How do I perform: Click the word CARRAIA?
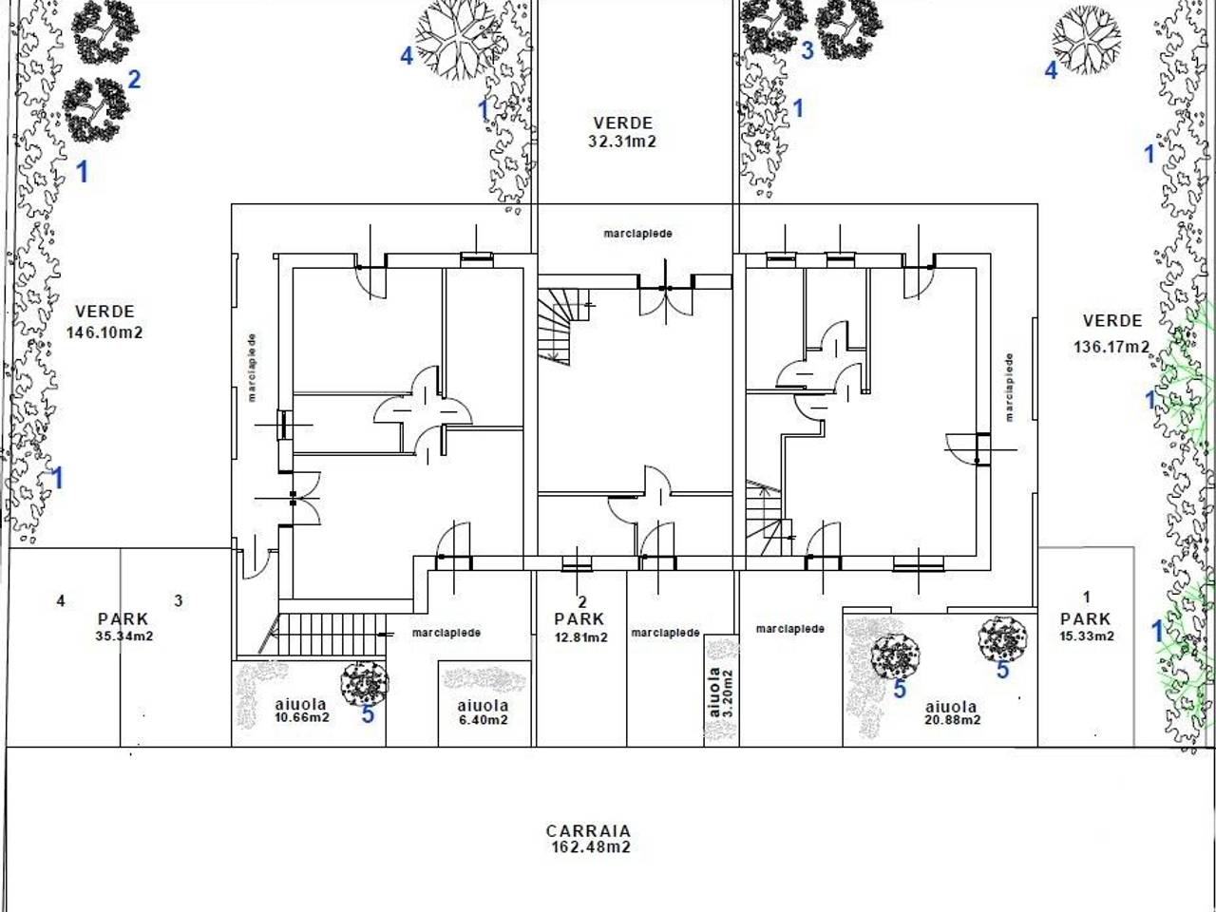(x=588, y=831)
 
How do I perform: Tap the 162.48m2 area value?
(x=591, y=847)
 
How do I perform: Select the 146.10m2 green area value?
(x=104, y=332)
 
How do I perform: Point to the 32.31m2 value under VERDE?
(x=622, y=142)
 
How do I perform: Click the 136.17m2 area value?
(x=1111, y=347)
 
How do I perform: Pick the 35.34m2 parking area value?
(x=124, y=636)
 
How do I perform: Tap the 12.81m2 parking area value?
(x=581, y=637)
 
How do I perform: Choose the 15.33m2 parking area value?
(x=1087, y=636)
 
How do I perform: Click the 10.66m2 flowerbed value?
(x=302, y=717)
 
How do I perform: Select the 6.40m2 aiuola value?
(x=483, y=720)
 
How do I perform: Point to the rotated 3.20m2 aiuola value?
(x=728, y=693)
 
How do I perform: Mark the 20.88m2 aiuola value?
(x=953, y=720)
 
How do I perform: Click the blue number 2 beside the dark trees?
(x=134, y=81)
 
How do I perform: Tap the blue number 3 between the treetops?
(x=807, y=50)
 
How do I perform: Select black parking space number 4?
(x=61, y=600)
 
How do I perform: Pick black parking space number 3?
(x=179, y=600)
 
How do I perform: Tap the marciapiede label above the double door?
(x=637, y=234)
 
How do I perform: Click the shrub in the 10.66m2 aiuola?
(x=365, y=683)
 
